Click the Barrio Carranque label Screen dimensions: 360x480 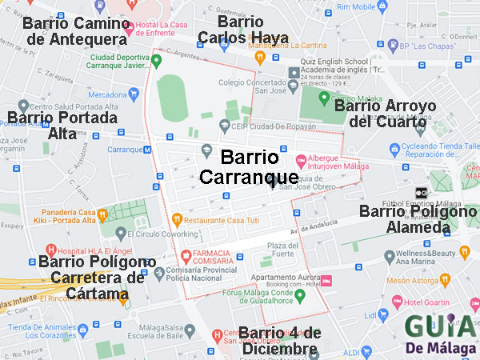(x=249, y=166)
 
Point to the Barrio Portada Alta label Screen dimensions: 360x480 (x=62, y=126)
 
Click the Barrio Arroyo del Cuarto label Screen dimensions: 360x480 (x=386, y=114)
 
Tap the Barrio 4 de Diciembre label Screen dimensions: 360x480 (x=279, y=342)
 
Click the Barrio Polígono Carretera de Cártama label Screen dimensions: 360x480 (x=95, y=278)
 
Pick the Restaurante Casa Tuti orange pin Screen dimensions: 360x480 (x=177, y=219)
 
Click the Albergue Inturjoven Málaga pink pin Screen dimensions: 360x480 (x=301, y=158)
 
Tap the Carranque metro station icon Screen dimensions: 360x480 (x=146, y=150)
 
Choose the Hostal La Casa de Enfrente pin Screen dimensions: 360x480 (x=128, y=24)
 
